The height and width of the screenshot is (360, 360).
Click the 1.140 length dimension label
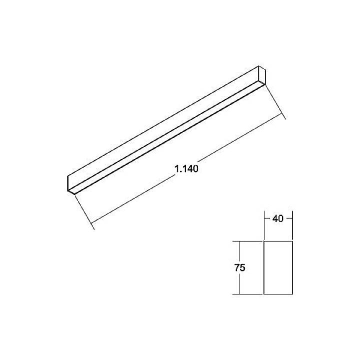(187, 169)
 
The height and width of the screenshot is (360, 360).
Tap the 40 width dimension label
(278, 218)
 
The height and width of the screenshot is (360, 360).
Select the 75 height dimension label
(239, 267)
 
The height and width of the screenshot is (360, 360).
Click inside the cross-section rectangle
(278, 267)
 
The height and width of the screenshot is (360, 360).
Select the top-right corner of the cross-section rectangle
(292, 241)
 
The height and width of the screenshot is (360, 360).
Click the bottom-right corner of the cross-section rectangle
(292, 294)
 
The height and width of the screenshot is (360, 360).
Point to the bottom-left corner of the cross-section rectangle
(263, 294)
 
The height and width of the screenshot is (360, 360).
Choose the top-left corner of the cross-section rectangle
(263, 241)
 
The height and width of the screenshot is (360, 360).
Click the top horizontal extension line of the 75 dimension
(250, 241)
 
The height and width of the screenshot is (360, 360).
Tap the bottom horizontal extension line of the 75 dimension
(250, 294)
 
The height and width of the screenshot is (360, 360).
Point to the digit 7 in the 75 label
(236, 267)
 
